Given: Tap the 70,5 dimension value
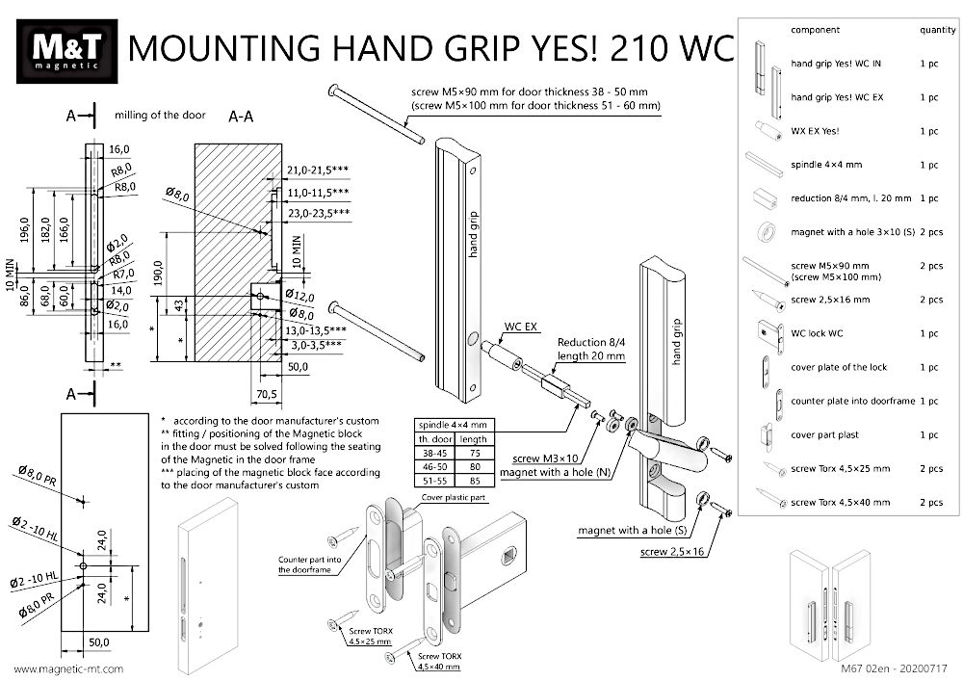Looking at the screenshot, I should click(265, 393).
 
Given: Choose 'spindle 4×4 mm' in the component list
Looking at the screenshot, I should click(825, 165).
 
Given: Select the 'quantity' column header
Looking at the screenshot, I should click(937, 31).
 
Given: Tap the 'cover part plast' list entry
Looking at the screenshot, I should click(824, 434).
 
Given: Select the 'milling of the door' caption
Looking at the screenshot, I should click(160, 116).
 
